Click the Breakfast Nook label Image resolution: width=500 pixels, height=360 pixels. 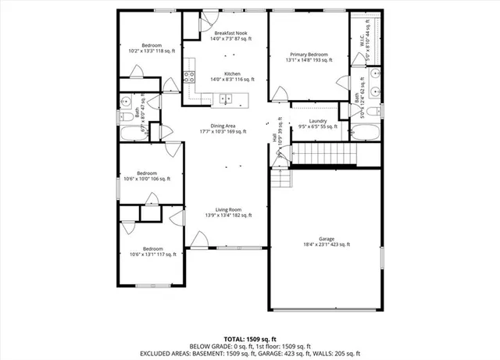226,34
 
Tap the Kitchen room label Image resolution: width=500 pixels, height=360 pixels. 226,74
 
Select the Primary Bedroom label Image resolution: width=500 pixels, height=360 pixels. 307,55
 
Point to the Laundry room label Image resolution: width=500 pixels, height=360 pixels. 317,121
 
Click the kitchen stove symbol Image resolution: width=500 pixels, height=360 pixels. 188,77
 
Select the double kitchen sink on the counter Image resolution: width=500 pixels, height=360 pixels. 225,98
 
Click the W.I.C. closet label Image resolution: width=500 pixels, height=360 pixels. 362,34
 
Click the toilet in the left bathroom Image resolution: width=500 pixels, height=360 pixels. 126,117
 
